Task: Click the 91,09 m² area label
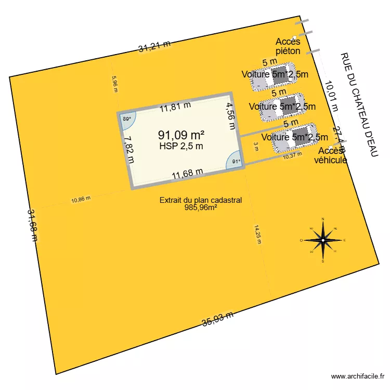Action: click(181, 135)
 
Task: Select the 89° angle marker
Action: click(126, 119)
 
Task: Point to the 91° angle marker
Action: click(235, 161)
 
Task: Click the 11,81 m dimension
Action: click(175, 108)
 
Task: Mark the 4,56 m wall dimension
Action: click(229, 118)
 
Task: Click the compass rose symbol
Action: click(323, 240)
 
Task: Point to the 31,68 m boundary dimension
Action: click(33, 225)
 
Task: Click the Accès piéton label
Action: click(288, 47)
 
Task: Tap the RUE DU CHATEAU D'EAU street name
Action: click(358, 104)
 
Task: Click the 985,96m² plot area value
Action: click(200, 207)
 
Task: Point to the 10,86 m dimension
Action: click(81, 199)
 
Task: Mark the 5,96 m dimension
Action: click(115, 84)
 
